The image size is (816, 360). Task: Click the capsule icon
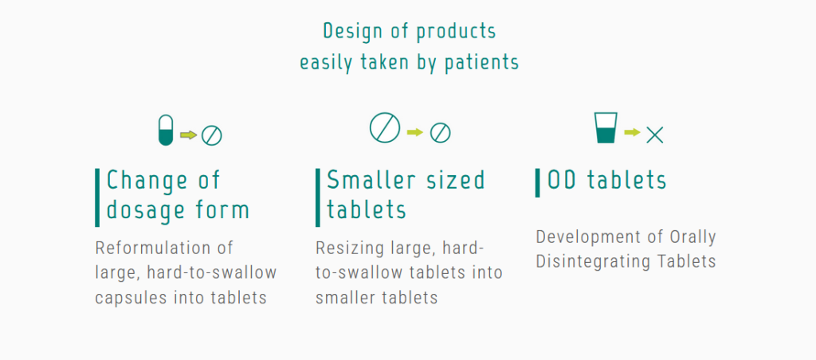166,130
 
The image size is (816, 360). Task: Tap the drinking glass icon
606,127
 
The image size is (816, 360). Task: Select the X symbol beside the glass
655,135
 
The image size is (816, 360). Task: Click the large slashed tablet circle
385,128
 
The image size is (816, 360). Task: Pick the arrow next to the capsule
188,135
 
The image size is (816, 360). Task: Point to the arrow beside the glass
632,132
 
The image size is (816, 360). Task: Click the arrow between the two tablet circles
415,132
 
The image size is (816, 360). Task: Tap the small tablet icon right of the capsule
212,135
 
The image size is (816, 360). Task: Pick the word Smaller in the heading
371,180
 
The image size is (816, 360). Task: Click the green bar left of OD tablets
538,182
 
